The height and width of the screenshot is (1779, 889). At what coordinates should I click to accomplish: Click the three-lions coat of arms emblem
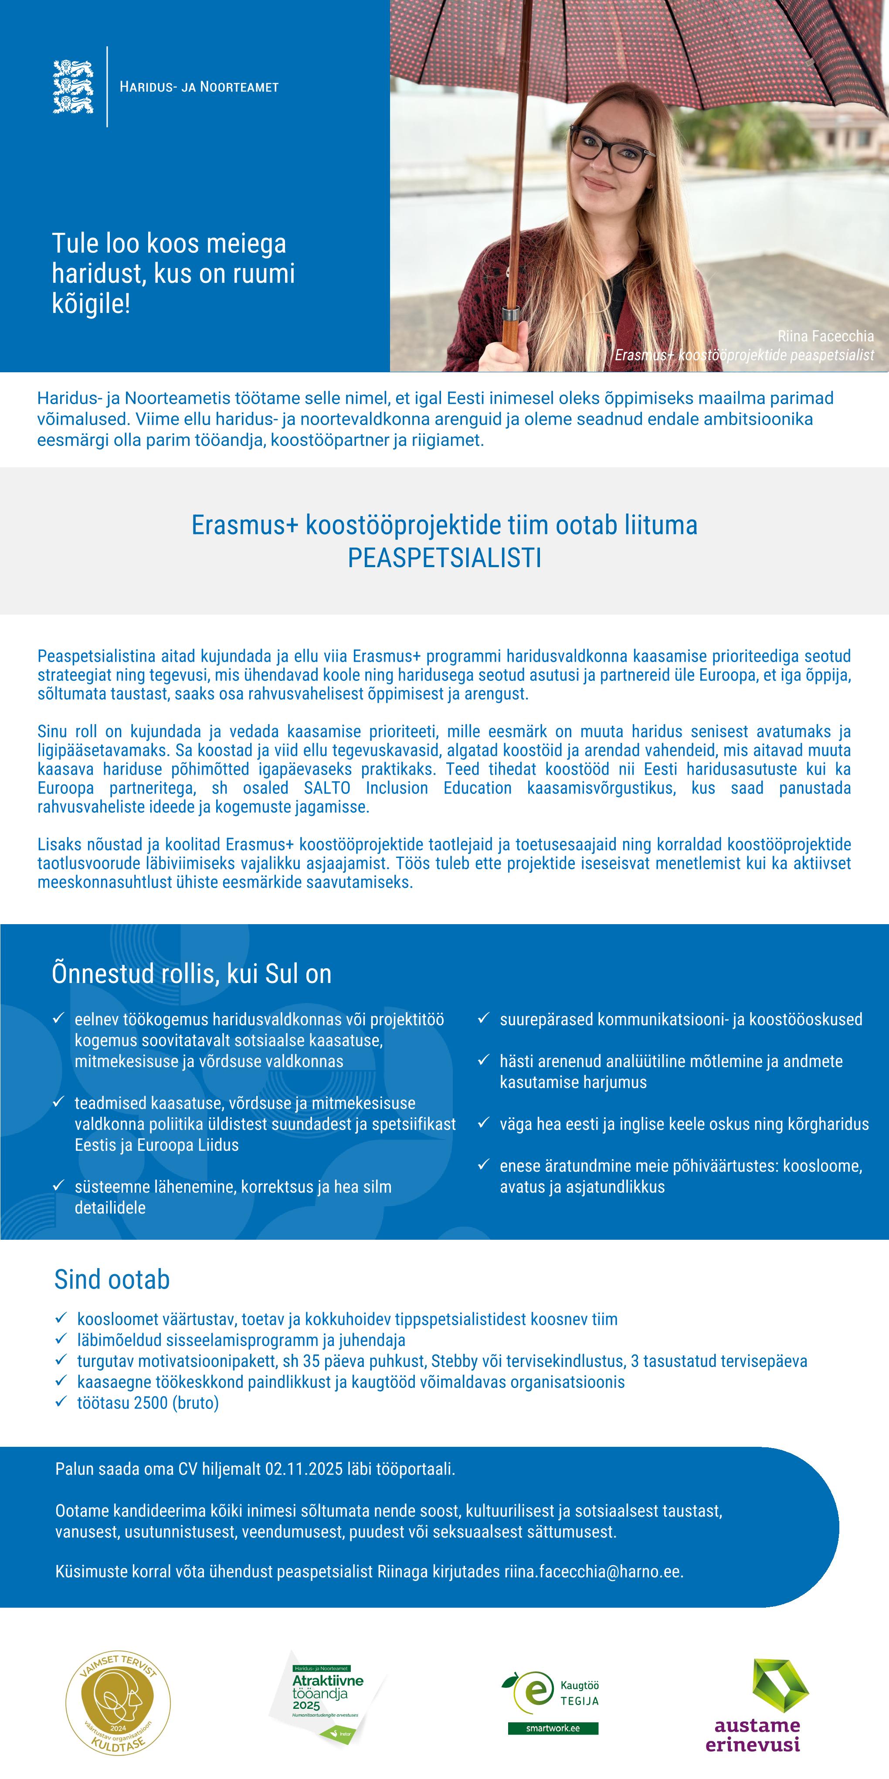tap(73, 87)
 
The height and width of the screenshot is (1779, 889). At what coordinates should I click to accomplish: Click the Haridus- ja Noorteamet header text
tap(199, 87)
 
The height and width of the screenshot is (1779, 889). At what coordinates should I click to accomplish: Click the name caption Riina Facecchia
tap(825, 337)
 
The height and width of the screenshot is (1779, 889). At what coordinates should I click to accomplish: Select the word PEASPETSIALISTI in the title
tap(444, 558)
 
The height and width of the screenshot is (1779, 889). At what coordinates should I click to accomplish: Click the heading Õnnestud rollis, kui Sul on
tap(192, 974)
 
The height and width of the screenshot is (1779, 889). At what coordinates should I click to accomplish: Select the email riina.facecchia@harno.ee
tap(593, 1572)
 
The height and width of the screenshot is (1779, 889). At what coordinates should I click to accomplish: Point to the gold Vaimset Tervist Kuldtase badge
tap(118, 1703)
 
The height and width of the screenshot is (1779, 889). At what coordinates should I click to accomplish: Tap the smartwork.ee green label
tap(553, 1728)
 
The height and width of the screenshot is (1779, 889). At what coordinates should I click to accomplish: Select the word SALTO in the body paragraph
tap(327, 788)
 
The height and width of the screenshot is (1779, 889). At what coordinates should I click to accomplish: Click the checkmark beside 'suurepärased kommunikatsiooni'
tap(484, 1019)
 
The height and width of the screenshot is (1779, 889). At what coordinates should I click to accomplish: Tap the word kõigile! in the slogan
tap(91, 304)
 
